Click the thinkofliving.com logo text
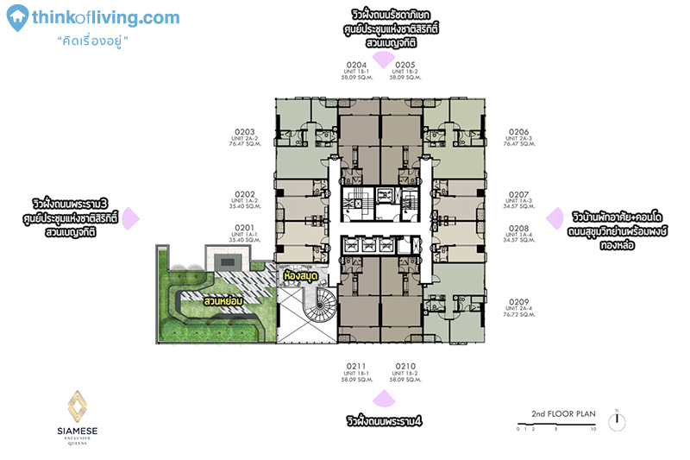[104, 18]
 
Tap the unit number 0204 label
[356, 65]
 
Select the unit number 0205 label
[405, 65]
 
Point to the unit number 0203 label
[244, 132]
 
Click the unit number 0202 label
[244, 194]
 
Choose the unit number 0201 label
[244, 227]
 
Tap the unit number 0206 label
[519, 132]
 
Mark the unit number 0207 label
[519, 194]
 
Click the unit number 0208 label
[519, 228]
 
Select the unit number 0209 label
[519, 303]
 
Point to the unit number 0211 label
[356, 366]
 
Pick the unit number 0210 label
[405, 366]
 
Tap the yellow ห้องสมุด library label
[301, 275]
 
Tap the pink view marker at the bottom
[380, 399]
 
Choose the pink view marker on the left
[129, 218]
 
